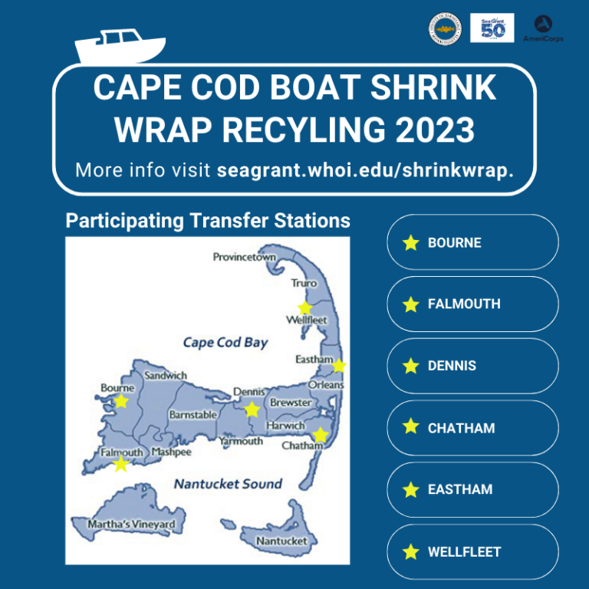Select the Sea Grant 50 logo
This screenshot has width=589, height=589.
click(x=492, y=28)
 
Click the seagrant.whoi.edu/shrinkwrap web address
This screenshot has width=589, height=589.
click(x=365, y=169)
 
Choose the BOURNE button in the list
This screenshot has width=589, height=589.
click(x=472, y=242)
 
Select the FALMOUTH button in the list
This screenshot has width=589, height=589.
click(x=472, y=304)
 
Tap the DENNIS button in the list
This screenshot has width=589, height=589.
click(x=472, y=366)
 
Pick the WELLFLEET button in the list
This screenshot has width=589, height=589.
click(x=472, y=551)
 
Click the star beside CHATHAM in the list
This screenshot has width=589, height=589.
click(x=411, y=427)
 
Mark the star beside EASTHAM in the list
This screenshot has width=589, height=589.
click(x=411, y=489)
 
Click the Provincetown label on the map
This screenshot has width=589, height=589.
click(x=244, y=257)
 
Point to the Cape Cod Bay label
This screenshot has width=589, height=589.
click(x=225, y=342)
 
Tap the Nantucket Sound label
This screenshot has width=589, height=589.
click(x=228, y=484)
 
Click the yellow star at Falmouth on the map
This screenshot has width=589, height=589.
click(x=120, y=463)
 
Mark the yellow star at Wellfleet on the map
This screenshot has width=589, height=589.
click(x=305, y=308)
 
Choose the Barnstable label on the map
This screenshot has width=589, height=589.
click(x=192, y=415)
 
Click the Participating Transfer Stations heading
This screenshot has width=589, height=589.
click(x=208, y=222)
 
